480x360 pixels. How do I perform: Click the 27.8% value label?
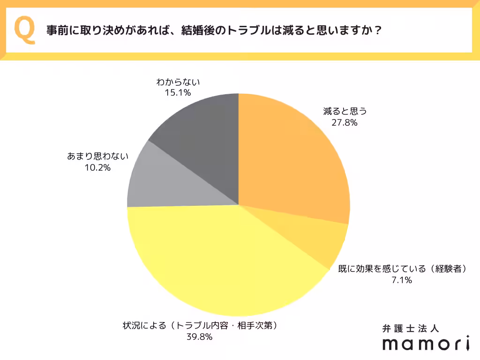344,123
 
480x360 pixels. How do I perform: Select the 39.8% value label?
200,337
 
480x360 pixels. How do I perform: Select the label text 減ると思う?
344,112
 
